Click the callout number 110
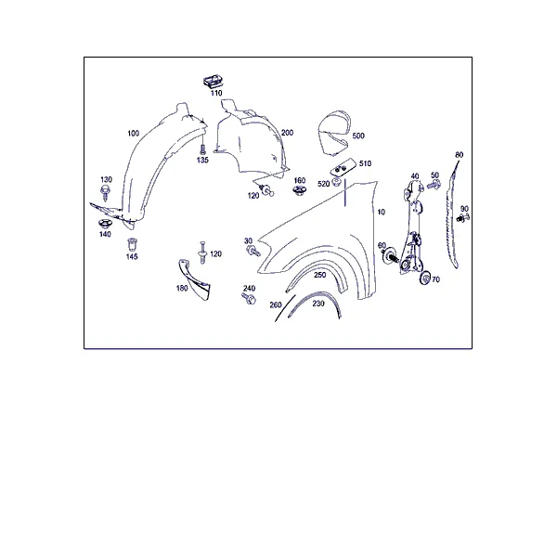point(216,93)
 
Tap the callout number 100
point(133,133)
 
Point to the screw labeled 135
point(202,149)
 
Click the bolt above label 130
point(105,192)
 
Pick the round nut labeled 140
point(105,224)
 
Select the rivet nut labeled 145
point(132,244)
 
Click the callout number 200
point(287,133)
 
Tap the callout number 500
point(358,136)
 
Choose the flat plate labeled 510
point(343,166)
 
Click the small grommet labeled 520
point(336,182)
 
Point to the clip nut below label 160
point(299,190)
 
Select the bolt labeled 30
point(253,251)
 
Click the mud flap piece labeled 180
point(194,279)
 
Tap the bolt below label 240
point(249,298)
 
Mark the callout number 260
point(276,304)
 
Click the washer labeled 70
point(425,278)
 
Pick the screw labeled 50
point(434,185)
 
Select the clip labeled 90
point(463,217)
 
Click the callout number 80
point(459,155)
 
